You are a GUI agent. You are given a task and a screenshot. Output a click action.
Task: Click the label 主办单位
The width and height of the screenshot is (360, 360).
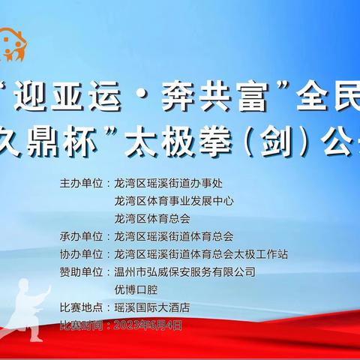[80, 182]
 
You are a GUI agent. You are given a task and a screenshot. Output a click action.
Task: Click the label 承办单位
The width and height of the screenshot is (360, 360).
[80, 235]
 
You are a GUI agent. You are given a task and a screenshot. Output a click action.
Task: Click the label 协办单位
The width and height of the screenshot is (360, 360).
[80, 253]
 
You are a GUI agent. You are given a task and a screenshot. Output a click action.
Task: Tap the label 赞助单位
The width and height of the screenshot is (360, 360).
[80, 271]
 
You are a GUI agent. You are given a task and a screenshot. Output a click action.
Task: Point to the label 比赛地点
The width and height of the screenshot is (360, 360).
[80, 307]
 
